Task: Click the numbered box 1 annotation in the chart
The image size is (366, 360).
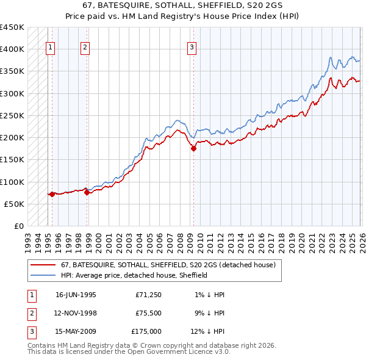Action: click(x=49, y=48)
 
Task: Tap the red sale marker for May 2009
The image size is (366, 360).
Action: click(x=193, y=148)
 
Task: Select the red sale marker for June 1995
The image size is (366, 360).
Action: click(x=52, y=195)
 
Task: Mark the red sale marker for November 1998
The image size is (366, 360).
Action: click(x=87, y=192)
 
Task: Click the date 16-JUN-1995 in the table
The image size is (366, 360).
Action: click(x=76, y=295)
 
